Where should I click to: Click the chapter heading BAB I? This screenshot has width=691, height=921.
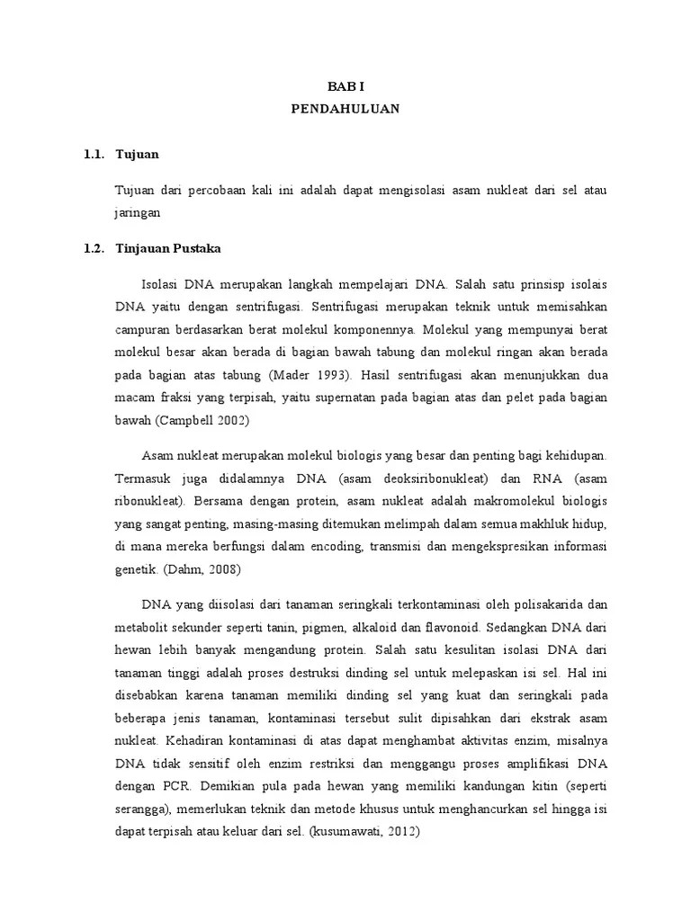click(345, 85)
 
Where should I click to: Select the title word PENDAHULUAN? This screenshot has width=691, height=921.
click(345, 109)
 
